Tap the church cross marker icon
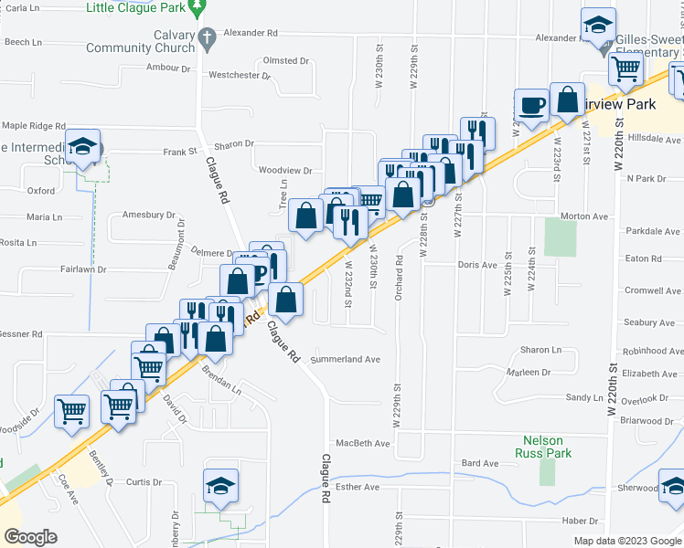tap(208, 38)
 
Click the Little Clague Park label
tap(136, 8)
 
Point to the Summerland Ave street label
tap(345, 360)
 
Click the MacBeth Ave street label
tap(362, 444)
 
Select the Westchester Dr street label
tap(240, 76)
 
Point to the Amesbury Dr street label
tap(148, 216)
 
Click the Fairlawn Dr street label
tap(83, 270)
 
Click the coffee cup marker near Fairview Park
tap(531, 107)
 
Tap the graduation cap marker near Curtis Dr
tap(220, 486)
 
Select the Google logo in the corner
tap(30, 537)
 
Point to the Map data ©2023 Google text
tap(627, 541)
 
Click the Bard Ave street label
tap(479, 464)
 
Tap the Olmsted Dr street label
tap(286, 60)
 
